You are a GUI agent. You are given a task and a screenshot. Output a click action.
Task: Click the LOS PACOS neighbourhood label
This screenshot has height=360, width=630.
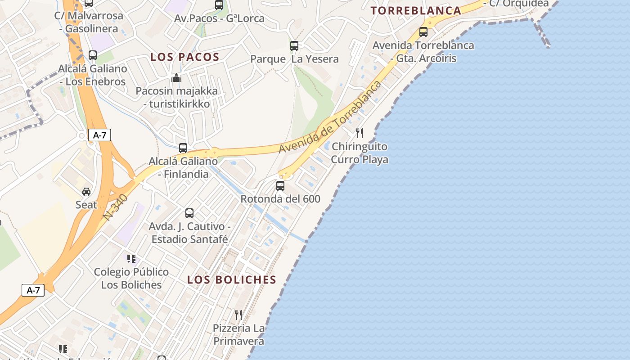point(184,57)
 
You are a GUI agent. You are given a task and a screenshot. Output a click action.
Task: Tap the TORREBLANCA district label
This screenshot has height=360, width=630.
point(416,11)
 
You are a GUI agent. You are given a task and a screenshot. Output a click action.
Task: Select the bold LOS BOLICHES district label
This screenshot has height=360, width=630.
point(232,279)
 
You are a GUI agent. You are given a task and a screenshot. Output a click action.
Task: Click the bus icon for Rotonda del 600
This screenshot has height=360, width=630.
point(280,185)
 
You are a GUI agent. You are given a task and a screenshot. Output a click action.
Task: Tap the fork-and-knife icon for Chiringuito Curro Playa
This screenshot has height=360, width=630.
point(359,133)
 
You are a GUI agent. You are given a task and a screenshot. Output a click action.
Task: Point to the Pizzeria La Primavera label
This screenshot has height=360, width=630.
point(238,334)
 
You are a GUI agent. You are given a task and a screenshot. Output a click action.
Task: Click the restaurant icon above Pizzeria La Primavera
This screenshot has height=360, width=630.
point(238,315)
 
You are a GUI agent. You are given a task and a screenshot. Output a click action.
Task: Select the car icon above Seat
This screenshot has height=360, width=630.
point(86,192)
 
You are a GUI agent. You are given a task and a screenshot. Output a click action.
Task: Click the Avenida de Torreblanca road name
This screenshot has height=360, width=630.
point(330,117)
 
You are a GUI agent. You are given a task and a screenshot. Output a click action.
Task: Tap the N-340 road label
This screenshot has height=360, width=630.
point(115,207)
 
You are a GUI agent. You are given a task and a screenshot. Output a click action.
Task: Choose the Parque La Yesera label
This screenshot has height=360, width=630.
point(294,59)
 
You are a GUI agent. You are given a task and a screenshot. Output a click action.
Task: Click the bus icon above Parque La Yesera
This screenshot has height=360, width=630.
point(294,45)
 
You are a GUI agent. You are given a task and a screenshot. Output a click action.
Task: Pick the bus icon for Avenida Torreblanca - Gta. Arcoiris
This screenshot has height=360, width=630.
point(423,32)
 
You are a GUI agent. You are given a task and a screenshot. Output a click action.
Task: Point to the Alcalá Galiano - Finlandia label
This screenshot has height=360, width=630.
point(183,167)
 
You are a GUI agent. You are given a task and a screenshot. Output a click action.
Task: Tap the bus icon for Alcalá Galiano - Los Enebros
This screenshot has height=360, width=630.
point(92,55)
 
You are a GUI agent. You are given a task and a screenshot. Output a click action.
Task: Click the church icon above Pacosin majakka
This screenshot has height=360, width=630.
point(176,78)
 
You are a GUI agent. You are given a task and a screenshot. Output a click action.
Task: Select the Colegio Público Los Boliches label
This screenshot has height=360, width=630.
point(131,278)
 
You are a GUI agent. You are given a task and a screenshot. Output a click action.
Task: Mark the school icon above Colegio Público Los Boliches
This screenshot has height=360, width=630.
point(131,259)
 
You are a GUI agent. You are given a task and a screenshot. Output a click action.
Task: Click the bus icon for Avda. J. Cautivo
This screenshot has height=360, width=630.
point(189,213)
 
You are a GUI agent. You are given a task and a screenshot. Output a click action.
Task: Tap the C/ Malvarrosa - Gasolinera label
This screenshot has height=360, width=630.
point(89,22)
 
